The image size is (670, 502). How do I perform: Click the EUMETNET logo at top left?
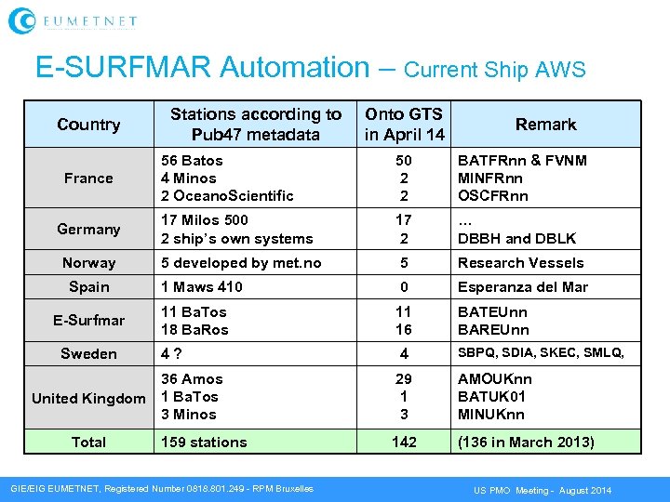point(73,20)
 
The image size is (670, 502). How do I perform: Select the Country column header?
point(88,125)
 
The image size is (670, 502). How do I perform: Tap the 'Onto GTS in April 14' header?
point(404,125)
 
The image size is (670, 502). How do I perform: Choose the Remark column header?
point(545,125)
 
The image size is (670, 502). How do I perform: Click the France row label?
point(88,178)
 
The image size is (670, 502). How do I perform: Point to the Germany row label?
point(88,230)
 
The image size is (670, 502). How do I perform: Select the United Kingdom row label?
point(88,399)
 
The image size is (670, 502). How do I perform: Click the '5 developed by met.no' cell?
point(241,263)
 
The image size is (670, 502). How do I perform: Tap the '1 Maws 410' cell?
point(202,287)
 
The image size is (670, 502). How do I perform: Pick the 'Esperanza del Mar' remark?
point(522,287)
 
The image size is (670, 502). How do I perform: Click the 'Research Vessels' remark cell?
point(520,263)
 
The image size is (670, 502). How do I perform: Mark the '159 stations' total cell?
point(204,443)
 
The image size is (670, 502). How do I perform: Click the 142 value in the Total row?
point(404,443)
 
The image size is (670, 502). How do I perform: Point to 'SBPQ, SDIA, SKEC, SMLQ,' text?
point(538,353)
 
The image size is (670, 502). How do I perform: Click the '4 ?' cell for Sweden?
point(172,353)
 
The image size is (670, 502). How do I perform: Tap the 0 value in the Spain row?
point(404,287)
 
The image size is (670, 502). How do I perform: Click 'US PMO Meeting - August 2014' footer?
point(543,490)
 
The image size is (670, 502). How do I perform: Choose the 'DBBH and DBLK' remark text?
point(516,239)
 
